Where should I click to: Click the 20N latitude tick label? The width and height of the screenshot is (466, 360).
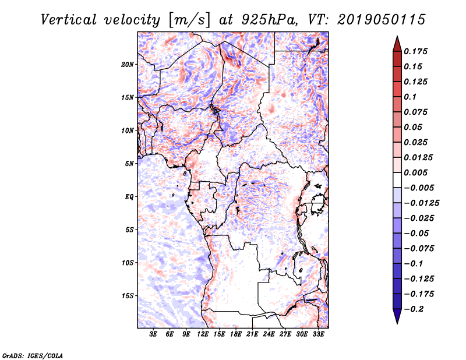click(x=128, y=64)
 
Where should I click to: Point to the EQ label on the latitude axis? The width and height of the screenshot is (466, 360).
click(x=129, y=197)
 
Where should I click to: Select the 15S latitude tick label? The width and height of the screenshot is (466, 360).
click(x=128, y=296)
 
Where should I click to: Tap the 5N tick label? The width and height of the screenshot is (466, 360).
click(x=129, y=164)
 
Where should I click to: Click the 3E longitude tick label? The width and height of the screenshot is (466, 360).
click(x=154, y=335)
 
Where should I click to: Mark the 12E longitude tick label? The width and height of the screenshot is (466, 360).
click(x=203, y=335)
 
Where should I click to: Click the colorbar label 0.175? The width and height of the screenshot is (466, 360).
click(x=416, y=51)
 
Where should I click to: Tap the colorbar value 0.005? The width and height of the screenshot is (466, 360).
click(x=416, y=173)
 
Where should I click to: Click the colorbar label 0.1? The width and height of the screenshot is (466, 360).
click(x=411, y=97)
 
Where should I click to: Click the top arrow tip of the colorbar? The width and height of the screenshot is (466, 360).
click(x=397, y=38)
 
